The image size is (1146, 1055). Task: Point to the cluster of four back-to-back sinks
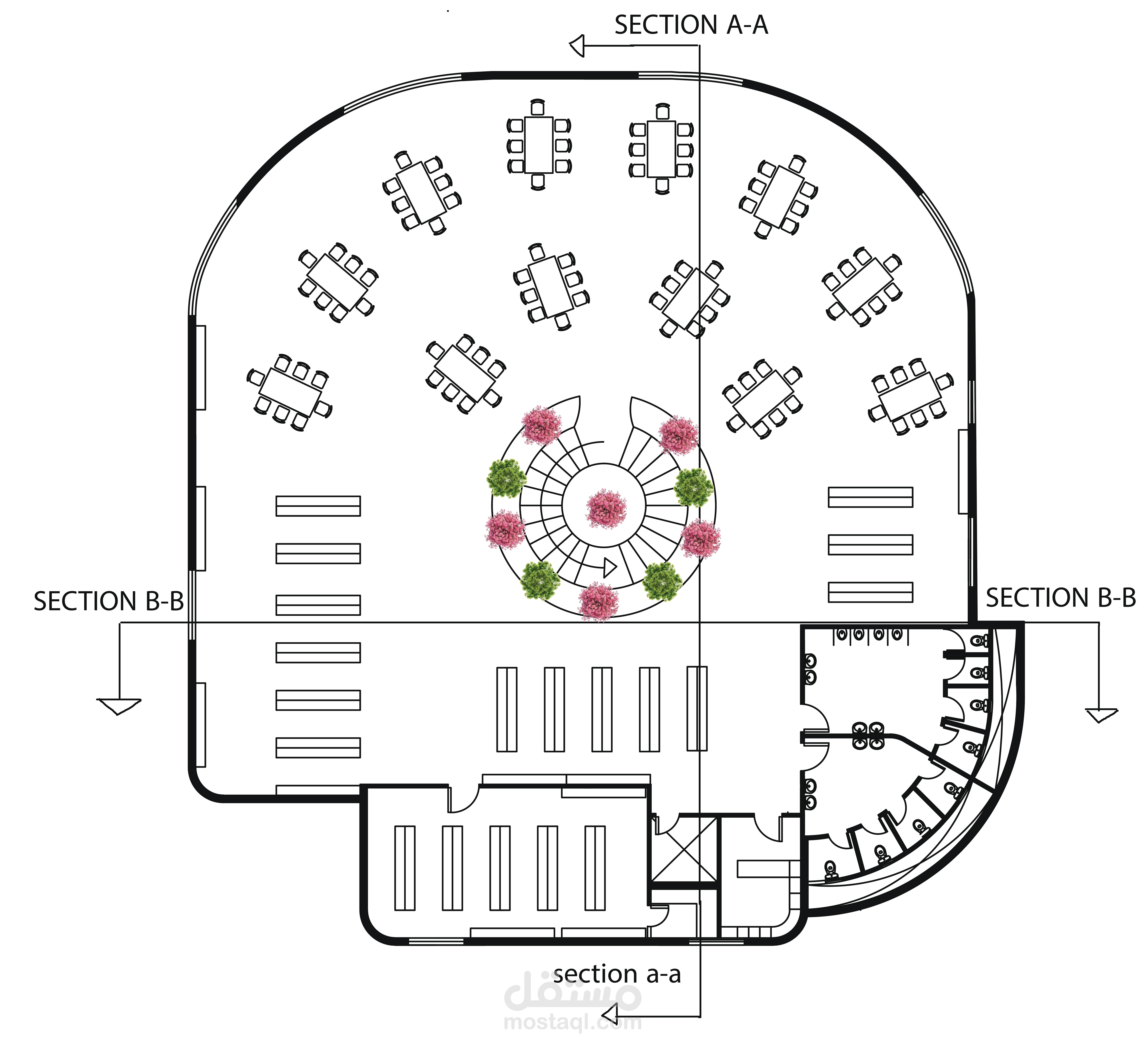click(868, 735)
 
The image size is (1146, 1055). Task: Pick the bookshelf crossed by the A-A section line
click(697, 708)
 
